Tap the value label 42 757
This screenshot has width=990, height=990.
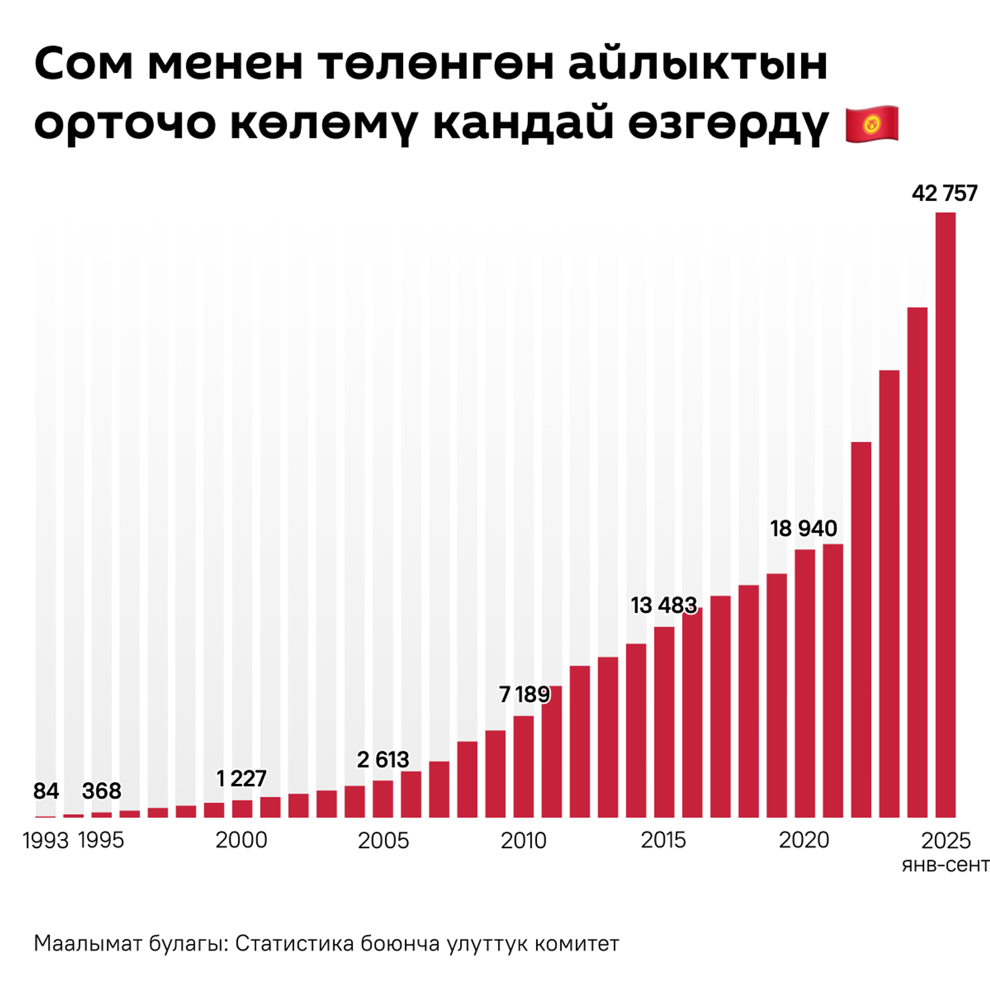[x=944, y=193]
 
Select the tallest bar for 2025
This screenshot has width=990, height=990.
[x=945, y=516]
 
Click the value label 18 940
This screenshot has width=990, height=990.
[x=803, y=529]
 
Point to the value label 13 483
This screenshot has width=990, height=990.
[x=664, y=605]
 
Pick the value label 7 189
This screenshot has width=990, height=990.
[x=524, y=695]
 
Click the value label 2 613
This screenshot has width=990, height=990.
[x=383, y=760]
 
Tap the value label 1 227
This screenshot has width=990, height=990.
[x=241, y=779]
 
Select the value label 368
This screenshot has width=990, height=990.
[x=102, y=791]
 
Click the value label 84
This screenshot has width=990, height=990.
[x=46, y=791]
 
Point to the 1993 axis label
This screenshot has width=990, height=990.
[x=45, y=841]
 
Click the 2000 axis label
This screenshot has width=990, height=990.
[x=241, y=840]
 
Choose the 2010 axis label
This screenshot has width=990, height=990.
[x=523, y=841]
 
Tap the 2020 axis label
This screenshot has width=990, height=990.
[x=804, y=840]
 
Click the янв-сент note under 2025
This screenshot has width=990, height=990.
[x=945, y=865]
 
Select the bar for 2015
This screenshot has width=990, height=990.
[x=664, y=722]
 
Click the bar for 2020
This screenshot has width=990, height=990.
[x=804, y=683]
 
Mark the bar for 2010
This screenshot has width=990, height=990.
[x=523, y=766]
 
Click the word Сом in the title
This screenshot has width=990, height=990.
[x=84, y=64]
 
